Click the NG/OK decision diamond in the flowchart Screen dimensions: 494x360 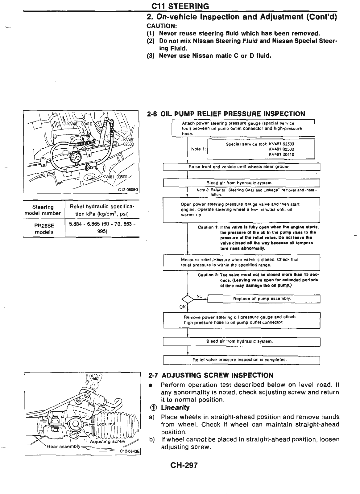pos(188,299)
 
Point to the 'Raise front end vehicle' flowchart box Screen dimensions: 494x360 pos(242,167)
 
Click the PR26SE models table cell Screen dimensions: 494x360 pos(44,228)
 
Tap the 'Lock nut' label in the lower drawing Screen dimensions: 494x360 pos(106,424)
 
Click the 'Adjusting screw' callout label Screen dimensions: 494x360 pos(107,441)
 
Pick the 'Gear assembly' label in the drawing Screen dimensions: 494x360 pos(63,447)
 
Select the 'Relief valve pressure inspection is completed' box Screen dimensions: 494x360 pos(242,360)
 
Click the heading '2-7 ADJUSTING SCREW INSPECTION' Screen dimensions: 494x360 pos(211,376)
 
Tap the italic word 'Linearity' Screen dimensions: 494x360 pos(175,408)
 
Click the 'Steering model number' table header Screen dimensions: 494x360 pos(43,210)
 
